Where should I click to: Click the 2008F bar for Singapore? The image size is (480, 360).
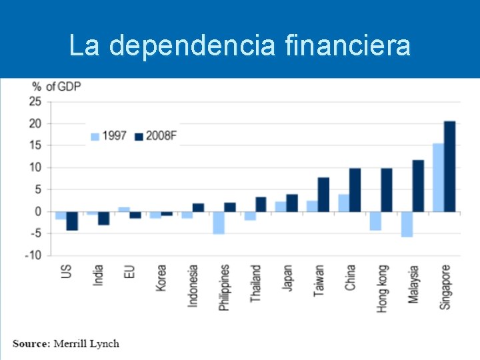pos(449,167)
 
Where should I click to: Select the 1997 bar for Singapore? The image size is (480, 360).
pos(438,177)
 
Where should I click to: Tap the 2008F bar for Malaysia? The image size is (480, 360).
pos(418,186)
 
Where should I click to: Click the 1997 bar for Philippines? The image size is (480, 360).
pos(218,223)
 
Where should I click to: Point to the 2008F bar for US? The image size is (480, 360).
pos(72,221)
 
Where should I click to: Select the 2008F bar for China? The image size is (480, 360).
pos(355,190)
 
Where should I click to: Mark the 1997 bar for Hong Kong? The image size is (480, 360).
pos(375,221)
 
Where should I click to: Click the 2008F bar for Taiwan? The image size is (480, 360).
pos(323,195)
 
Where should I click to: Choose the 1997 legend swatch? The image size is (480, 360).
pos(95,137)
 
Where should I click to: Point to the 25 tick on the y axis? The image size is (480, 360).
pos(35,101)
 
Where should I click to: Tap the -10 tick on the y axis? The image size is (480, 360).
pos(33,255)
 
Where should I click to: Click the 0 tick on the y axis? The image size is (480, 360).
pos(38,211)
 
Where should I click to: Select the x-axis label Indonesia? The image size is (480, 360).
pos(193,285)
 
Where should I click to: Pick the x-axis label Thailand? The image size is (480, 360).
pos(256,284)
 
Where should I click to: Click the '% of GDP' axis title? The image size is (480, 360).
pos(57,87)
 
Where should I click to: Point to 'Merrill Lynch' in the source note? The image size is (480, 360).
pos(86,344)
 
